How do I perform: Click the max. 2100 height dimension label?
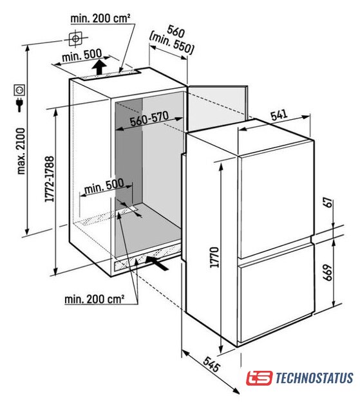tap(21, 151)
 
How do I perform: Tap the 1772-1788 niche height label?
tap(50, 179)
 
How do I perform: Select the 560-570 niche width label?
tap(149, 118)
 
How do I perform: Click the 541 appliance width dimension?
tap(279, 115)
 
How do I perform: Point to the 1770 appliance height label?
tap(214, 257)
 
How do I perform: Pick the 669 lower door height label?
tap(328, 273)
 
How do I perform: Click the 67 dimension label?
tap(328, 203)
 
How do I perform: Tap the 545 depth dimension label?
tap(211, 364)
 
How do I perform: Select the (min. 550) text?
tap(171, 44)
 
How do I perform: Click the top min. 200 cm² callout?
tap(100, 19)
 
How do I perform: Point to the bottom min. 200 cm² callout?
tap(94, 299)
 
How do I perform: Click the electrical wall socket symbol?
tap(19, 90)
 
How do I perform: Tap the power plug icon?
tap(19, 104)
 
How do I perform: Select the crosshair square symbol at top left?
tap(76, 39)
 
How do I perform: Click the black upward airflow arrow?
tap(99, 67)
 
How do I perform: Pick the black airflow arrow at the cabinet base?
tap(157, 263)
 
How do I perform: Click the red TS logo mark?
tap(259, 378)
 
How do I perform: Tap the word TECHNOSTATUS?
tap(314, 378)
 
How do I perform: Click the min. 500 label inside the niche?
tap(104, 186)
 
